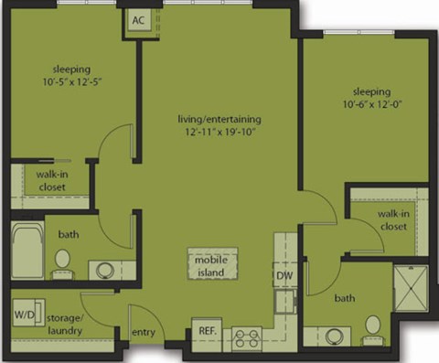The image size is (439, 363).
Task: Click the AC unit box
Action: coord(139,21)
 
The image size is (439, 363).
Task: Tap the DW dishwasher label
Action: coord(284,274)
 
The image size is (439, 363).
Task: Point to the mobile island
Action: coord(210,265)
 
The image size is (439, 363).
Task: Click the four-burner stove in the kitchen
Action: coord(246,338)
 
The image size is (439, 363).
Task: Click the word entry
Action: coord(144,331)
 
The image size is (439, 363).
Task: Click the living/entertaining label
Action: coord(219,119)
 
